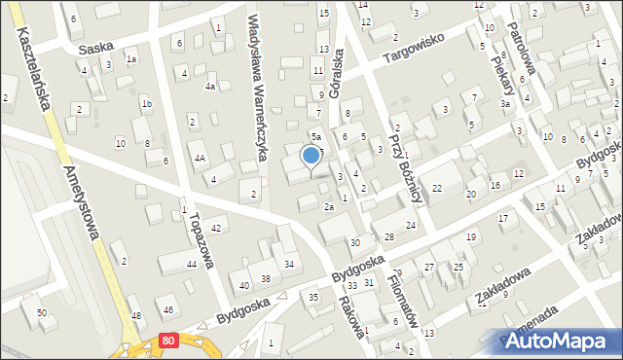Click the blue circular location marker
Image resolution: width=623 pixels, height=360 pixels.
click(311, 155)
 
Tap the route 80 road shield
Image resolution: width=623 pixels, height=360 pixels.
click(169, 340)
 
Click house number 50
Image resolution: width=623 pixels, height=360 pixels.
click(41, 312)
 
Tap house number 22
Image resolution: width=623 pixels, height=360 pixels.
click(437, 189)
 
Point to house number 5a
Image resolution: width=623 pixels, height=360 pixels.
click(315, 136)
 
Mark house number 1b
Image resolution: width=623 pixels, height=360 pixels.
click(147, 104)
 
